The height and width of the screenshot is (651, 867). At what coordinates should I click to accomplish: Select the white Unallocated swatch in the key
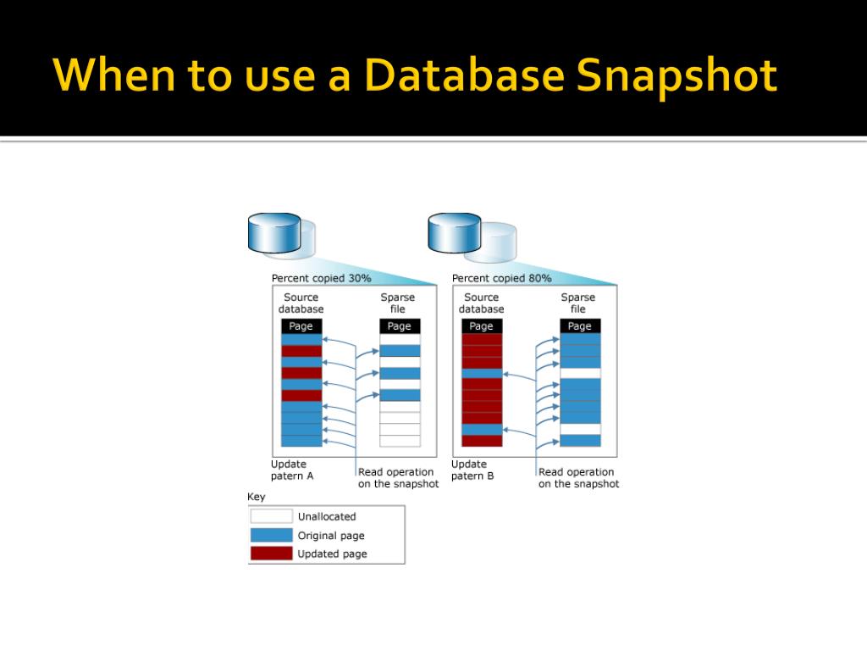271,516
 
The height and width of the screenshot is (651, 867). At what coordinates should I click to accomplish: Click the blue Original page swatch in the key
271,535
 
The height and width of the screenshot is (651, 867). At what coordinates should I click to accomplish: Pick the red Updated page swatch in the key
271,554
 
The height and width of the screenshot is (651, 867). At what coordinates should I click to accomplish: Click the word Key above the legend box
256,497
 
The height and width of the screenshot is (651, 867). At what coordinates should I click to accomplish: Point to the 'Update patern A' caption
292,470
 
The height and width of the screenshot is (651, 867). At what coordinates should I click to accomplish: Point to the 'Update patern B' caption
472,470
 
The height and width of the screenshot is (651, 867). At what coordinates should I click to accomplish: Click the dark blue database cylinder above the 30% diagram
273,232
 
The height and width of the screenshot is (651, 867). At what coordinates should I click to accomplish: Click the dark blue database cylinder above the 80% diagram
454,232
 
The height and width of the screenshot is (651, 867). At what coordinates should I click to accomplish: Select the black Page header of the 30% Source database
301,326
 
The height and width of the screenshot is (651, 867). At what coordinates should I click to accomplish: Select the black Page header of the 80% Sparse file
580,326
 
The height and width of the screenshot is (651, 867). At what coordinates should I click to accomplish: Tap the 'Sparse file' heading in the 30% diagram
398,303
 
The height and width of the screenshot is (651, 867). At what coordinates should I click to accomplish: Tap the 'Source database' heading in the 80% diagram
481,303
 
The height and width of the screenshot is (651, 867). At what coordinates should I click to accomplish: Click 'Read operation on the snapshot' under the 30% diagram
398,478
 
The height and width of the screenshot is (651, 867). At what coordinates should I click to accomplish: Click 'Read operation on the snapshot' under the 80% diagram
578,478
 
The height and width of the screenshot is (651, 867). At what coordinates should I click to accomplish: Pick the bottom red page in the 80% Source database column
482,441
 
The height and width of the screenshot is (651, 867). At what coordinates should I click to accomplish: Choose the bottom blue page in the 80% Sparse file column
580,441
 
